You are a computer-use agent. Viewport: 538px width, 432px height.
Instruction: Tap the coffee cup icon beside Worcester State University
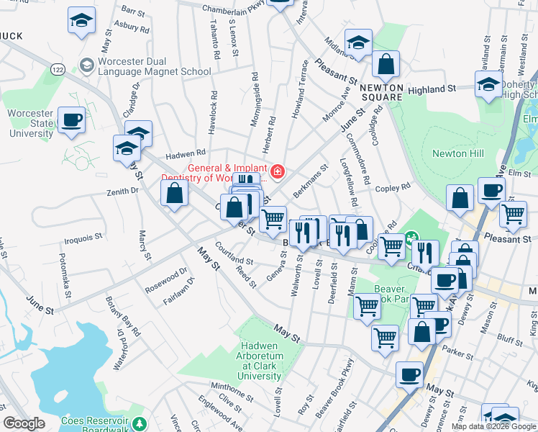[x=71, y=121]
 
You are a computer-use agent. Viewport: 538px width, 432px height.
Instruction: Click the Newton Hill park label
[x=457, y=153]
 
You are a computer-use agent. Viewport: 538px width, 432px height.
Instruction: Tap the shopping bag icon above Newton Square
[x=386, y=64]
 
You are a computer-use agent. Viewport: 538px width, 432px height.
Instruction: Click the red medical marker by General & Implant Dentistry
[x=278, y=171]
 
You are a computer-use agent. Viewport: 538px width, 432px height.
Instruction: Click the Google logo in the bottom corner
[x=24, y=424]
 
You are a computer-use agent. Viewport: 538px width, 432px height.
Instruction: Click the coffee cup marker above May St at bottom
[x=410, y=374]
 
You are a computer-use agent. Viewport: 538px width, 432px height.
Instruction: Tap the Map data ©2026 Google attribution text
[x=493, y=426]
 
